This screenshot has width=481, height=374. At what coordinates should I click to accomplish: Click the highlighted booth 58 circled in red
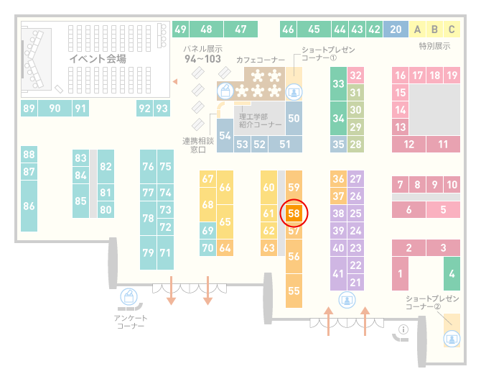coord(294,214)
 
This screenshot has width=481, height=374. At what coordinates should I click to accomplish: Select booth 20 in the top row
coord(396,29)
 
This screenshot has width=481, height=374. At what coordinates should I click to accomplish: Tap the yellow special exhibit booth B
coord(434,29)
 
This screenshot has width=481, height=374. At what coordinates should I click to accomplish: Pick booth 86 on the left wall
coord(29,206)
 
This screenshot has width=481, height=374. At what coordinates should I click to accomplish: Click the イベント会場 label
coord(98,58)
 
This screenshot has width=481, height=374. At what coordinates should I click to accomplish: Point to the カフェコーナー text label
coord(261,60)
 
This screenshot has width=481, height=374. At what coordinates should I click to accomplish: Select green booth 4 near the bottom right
coord(452,273)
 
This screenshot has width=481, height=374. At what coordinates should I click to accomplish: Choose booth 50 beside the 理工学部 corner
coord(294,119)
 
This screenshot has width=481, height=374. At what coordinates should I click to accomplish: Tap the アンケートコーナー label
coord(131,321)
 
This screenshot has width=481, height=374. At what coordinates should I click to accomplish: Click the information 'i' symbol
coord(403,329)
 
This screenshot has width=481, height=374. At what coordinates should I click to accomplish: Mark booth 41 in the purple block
coord(338,273)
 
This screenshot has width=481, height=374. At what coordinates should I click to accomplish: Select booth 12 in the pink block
coord(409,144)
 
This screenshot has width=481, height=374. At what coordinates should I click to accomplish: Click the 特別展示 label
coord(434,46)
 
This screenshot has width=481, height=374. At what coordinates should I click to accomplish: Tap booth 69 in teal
coord(207,230)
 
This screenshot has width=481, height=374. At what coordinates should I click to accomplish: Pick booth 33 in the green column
coord(338,83)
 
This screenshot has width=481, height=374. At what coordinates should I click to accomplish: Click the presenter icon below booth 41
coord(347,300)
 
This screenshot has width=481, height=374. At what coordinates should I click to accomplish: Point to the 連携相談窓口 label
coord(198,145)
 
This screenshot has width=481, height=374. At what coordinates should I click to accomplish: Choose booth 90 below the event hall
coord(55,108)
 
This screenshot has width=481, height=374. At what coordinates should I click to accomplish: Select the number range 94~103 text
coord(202,59)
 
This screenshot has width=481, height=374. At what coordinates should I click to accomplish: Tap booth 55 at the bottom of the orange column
coord(294,291)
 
